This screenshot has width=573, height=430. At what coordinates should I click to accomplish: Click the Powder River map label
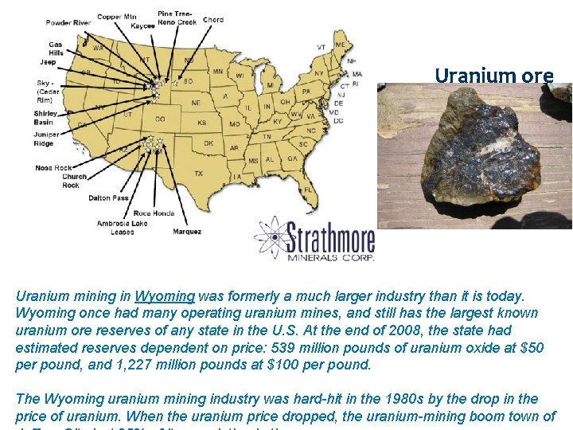coord(68,23)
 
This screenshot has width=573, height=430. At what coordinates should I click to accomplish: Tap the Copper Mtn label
coord(115,17)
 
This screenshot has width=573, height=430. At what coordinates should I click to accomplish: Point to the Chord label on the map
coord(213,20)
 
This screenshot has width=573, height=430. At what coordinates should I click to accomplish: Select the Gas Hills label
coord(55,49)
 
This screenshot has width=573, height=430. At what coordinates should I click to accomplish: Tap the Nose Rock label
coord(53,168)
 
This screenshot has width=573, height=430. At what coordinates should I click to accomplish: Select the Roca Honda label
coord(154,213)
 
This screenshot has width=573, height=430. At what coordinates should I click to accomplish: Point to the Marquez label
coord(186,232)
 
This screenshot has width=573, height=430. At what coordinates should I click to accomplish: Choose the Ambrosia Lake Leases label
coord(123,228)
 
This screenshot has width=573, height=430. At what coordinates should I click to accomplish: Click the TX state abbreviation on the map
coord(198,173)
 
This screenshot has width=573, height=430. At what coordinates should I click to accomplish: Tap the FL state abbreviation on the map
coord(307,190)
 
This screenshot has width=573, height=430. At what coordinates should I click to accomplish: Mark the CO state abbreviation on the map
coord(160,119)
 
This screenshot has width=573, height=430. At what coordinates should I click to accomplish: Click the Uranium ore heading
coord(493,76)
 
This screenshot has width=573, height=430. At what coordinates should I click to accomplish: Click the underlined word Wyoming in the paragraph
coord(165,296)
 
